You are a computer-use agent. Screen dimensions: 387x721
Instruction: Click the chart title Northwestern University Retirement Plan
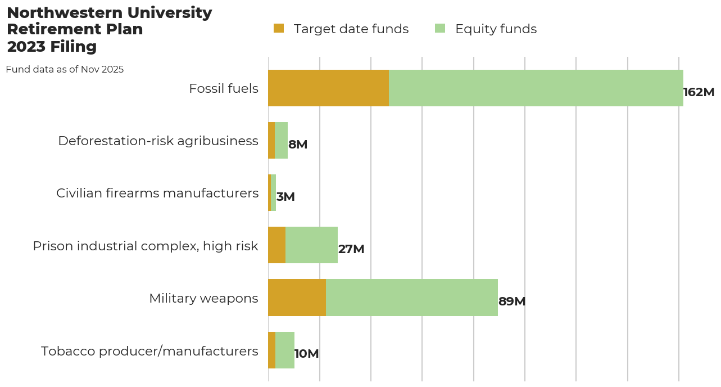pos(109,29)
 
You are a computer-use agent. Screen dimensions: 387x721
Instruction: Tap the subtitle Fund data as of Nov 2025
pos(65,70)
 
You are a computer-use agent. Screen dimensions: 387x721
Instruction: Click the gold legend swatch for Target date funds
pos(279,29)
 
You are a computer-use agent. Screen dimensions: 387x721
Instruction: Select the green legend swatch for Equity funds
pos(440,29)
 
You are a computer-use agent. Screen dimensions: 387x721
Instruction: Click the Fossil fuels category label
pos(224,88)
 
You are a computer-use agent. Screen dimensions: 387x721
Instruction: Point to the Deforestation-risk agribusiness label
pos(158,141)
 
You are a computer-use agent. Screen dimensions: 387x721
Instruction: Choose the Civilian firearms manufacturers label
pos(157,193)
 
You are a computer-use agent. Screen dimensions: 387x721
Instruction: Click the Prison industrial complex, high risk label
pos(146,246)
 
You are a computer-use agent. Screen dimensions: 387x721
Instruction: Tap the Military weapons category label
pos(203,298)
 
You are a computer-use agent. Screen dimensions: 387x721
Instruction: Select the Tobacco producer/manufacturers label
pos(149,351)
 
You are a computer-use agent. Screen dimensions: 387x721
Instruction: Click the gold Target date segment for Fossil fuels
pos(328,88)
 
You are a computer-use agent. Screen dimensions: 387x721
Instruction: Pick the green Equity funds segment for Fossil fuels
pos(536,88)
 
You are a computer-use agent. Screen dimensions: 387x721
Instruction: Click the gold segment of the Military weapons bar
pos(297,298)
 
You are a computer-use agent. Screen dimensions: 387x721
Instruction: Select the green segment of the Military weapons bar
pos(412,298)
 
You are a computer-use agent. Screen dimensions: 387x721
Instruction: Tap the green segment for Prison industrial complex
pos(311,245)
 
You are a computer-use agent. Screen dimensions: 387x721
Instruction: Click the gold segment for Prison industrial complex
pos(276,245)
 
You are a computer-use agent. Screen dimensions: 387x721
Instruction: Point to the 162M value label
pos(699,92)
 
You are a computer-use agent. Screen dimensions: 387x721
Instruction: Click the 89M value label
pos(512,301)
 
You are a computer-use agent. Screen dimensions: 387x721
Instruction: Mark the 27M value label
pos(351,249)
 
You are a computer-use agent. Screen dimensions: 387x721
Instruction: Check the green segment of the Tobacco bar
pos(285,350)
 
